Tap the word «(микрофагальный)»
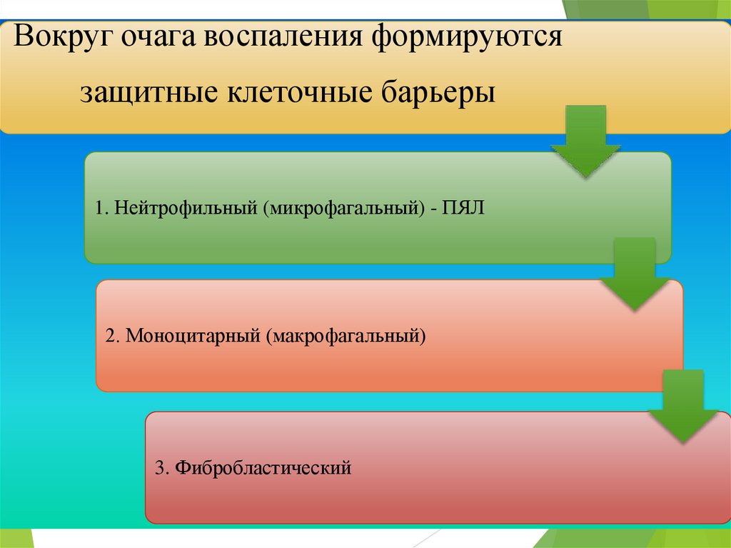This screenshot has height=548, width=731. (341, 209)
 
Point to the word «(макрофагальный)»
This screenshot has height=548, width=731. (347, 335)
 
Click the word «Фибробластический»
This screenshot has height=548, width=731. (263, 469)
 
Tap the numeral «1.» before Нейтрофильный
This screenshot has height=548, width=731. (100, 209)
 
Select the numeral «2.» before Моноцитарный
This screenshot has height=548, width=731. (112, 335)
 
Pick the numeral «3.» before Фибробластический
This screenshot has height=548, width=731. (161, 469)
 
